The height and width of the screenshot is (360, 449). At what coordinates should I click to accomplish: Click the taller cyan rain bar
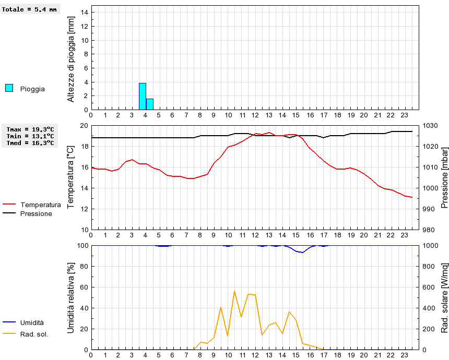(143, 97)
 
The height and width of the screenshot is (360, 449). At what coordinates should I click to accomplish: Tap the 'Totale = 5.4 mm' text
(29, 9)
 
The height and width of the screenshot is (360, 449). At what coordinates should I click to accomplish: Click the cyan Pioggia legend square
(9, 88)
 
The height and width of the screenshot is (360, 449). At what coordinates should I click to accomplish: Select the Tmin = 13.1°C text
(30, 136)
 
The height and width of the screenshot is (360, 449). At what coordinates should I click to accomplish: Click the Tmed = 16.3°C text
(30, 142)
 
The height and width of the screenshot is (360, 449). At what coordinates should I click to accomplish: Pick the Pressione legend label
(36, 213)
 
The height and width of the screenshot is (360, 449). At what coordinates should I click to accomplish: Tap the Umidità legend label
(32, 323)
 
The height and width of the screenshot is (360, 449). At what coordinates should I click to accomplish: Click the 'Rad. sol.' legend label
(34, 334)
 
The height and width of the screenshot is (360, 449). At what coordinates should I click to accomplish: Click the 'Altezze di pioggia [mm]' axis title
(71, 58)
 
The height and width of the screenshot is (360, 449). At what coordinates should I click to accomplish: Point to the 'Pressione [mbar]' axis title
(445, 177)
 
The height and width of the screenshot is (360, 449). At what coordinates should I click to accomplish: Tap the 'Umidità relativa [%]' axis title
(71, 297)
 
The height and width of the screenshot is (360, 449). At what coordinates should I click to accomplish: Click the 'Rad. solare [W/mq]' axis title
(445, 297)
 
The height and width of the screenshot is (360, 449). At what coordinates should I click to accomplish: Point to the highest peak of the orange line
(234, 291)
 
